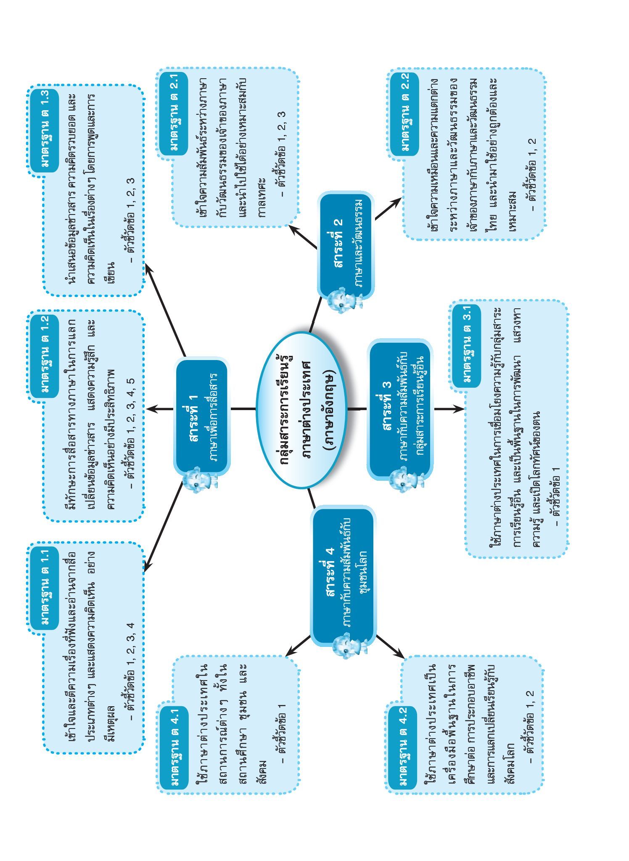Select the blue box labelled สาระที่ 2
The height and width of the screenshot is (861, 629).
346,246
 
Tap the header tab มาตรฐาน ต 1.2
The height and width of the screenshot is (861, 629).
45,355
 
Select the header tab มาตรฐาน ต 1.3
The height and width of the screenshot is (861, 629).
45,130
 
